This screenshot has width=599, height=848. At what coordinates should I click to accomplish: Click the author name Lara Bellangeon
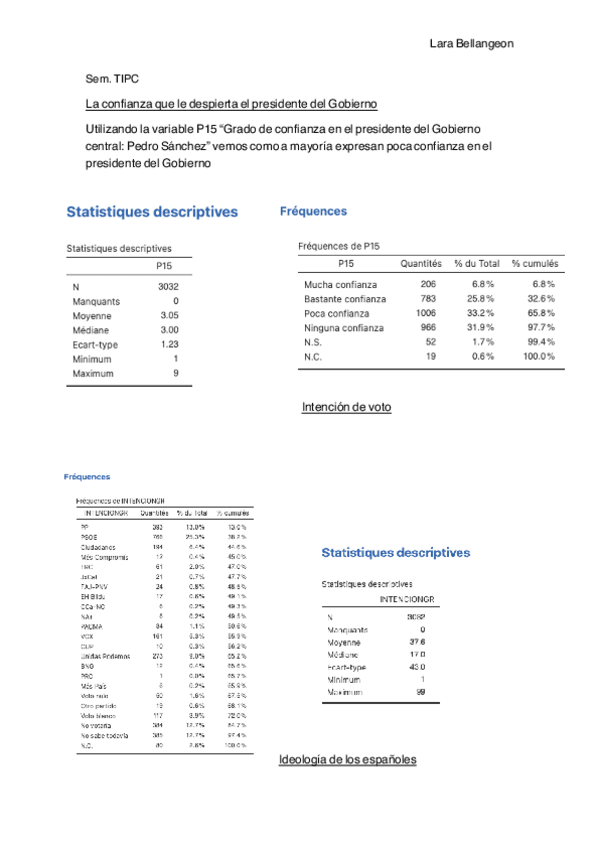[471, 44]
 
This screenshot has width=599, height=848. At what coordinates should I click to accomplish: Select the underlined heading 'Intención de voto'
[346, 407]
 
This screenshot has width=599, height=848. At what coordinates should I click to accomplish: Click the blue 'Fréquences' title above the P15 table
[313, 211]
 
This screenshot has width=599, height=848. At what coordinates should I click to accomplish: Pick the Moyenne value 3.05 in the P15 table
[169, 314]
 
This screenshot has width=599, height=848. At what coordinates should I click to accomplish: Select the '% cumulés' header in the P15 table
[535, 263]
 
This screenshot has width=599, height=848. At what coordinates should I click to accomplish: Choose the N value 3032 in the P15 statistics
[167, 286]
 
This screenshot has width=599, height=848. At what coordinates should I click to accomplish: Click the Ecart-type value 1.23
[169, 344]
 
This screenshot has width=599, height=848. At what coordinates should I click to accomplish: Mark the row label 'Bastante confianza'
[345, 299]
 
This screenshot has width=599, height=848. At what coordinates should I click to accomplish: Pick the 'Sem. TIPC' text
[112, 77]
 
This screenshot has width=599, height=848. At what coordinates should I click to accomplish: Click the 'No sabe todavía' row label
[105, 734]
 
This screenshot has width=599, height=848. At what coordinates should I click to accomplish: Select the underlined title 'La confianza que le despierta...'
[231, 104]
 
